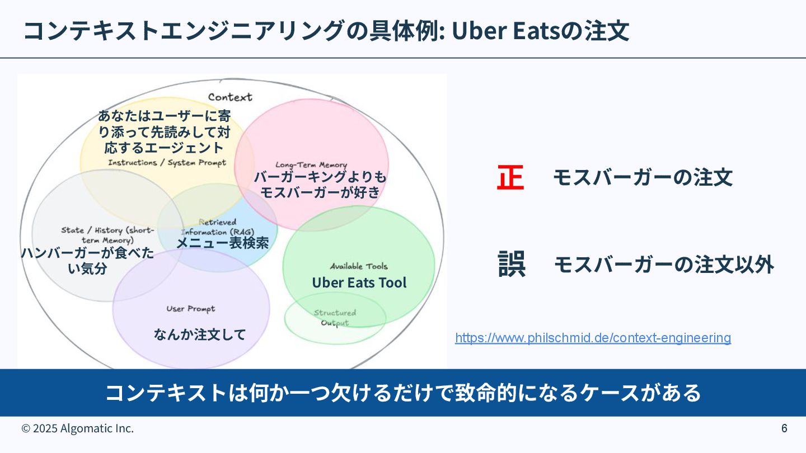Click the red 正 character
point(510,178)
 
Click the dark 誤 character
point(512,265)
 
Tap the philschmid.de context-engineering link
point(593,338)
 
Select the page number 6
point(784,428)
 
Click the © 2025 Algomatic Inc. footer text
point(78,428)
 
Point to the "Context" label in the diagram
point(230,97)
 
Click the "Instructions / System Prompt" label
point(167,163)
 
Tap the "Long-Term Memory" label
point(311,165)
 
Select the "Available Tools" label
point(358,266)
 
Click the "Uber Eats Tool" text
point(359,283)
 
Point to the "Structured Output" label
point(335,318)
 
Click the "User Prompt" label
point(190,309)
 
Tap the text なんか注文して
point(200,334)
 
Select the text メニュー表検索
point(223,243)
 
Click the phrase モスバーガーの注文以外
point(664,265)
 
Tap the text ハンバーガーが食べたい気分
point(87,261)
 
